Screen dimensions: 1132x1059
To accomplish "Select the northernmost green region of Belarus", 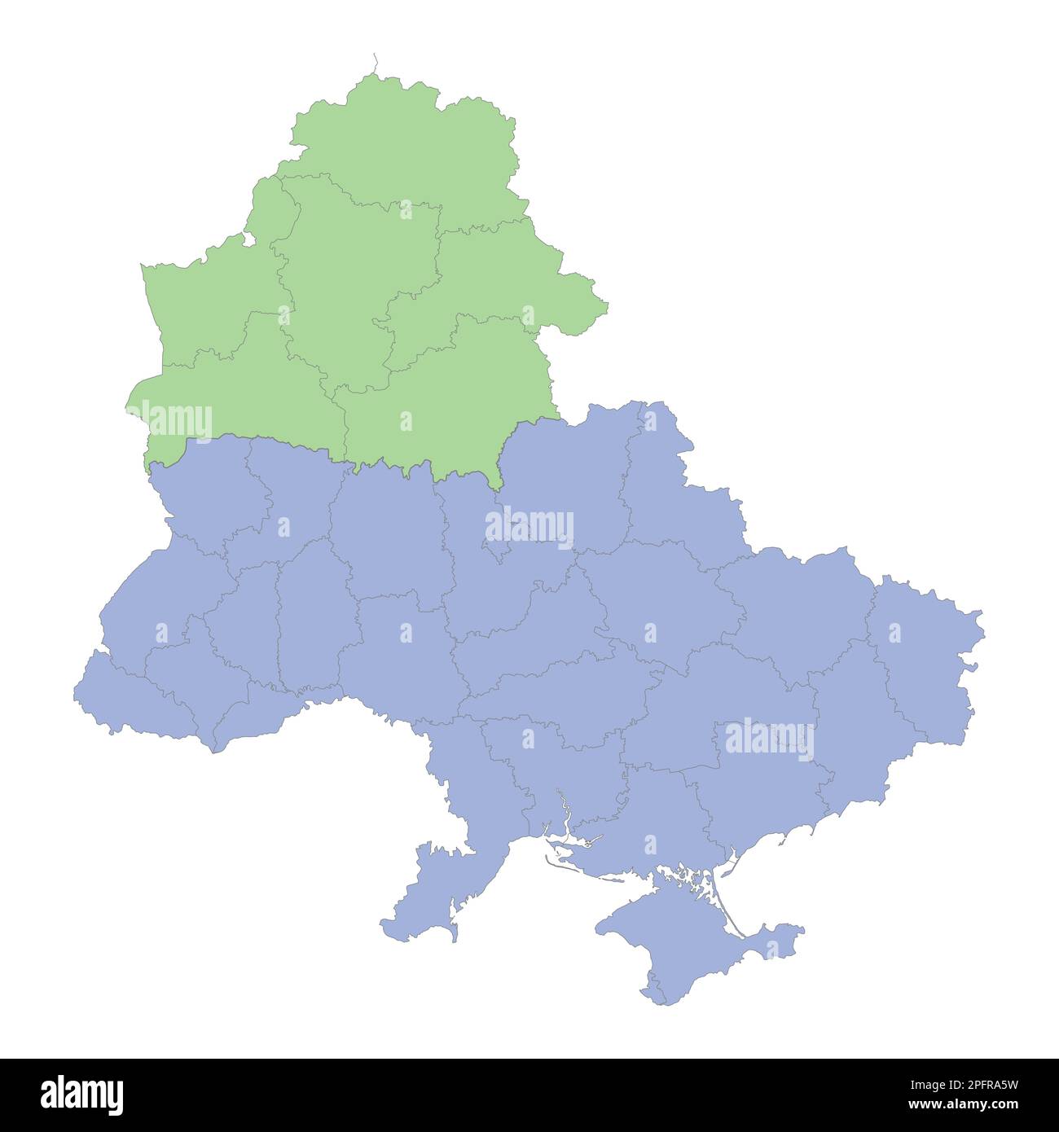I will click(x=407, y=138).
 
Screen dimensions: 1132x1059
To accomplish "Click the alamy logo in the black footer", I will click(x=82, y=1095).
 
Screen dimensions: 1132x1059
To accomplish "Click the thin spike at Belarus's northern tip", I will click(x=375, y=62).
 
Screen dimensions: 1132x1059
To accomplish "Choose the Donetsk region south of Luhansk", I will click(x=855, y=725).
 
